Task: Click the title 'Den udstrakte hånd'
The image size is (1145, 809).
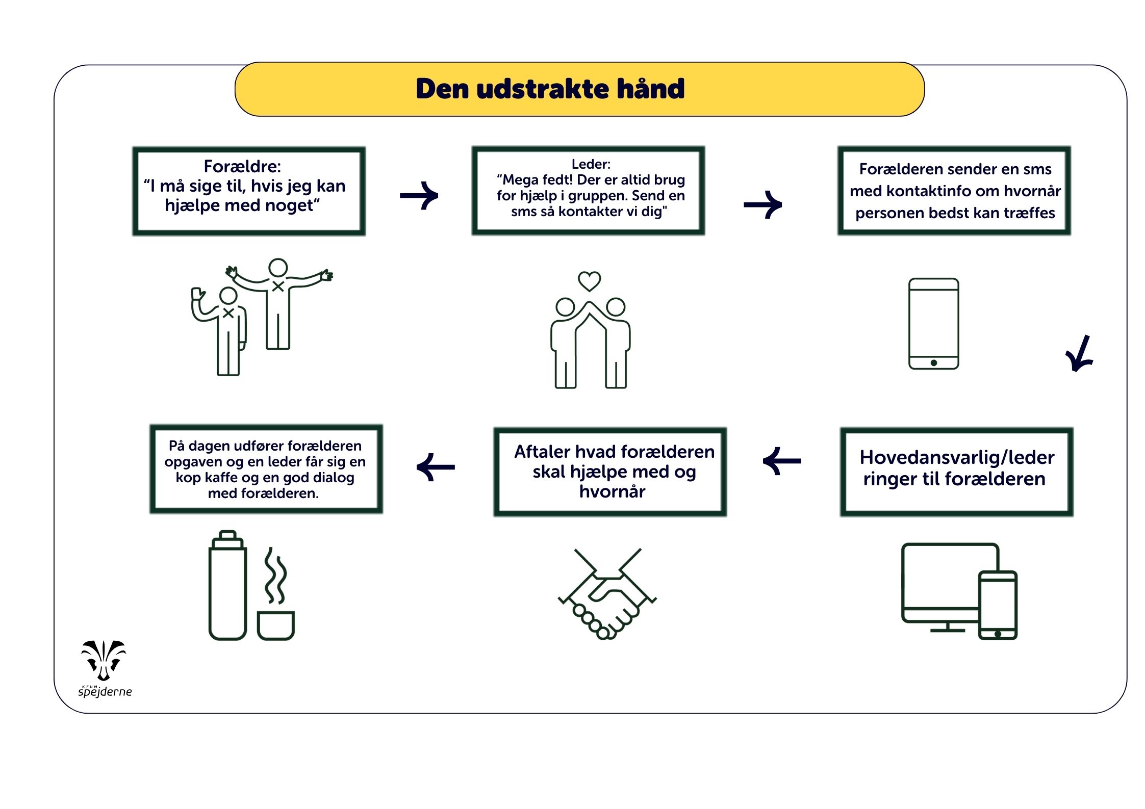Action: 550,89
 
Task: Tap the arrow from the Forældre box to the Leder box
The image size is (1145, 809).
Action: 419,196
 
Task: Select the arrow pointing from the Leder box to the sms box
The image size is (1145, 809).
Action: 763,205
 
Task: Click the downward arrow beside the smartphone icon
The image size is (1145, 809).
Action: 1079,355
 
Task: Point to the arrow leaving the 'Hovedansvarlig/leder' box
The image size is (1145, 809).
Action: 782,461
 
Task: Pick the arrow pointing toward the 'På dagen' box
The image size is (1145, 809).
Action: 436,467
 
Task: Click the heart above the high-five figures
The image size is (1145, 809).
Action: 589,281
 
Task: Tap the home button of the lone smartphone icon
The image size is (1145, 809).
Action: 933,363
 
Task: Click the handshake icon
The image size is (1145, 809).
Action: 607,594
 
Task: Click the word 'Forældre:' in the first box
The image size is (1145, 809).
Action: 242,167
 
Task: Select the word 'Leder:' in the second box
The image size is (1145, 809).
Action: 591,164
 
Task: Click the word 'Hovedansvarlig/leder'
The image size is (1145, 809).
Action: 957,457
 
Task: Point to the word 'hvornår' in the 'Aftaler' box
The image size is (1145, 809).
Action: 612,491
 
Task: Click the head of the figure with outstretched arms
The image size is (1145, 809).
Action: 278,268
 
